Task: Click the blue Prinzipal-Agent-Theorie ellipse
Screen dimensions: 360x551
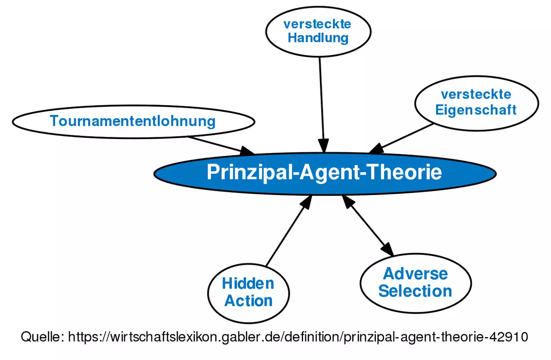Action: pos(325,173)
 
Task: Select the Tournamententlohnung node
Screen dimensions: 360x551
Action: pos(133,121)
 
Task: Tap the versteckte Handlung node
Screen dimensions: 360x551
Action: pos(318,31)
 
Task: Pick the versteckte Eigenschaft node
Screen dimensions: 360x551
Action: pos(476,102)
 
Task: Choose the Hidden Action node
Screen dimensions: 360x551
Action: pos(248,292)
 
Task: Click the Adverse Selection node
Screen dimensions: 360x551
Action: pos(415,282)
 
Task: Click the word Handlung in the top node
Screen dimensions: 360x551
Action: pos(318,38)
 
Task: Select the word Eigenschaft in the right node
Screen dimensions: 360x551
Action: pos(476,110)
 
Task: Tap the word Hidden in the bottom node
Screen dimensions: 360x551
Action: pos(248,283)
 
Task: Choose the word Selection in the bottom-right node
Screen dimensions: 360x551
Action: pos(415,291)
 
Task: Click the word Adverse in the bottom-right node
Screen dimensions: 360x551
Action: pos(415,273)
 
